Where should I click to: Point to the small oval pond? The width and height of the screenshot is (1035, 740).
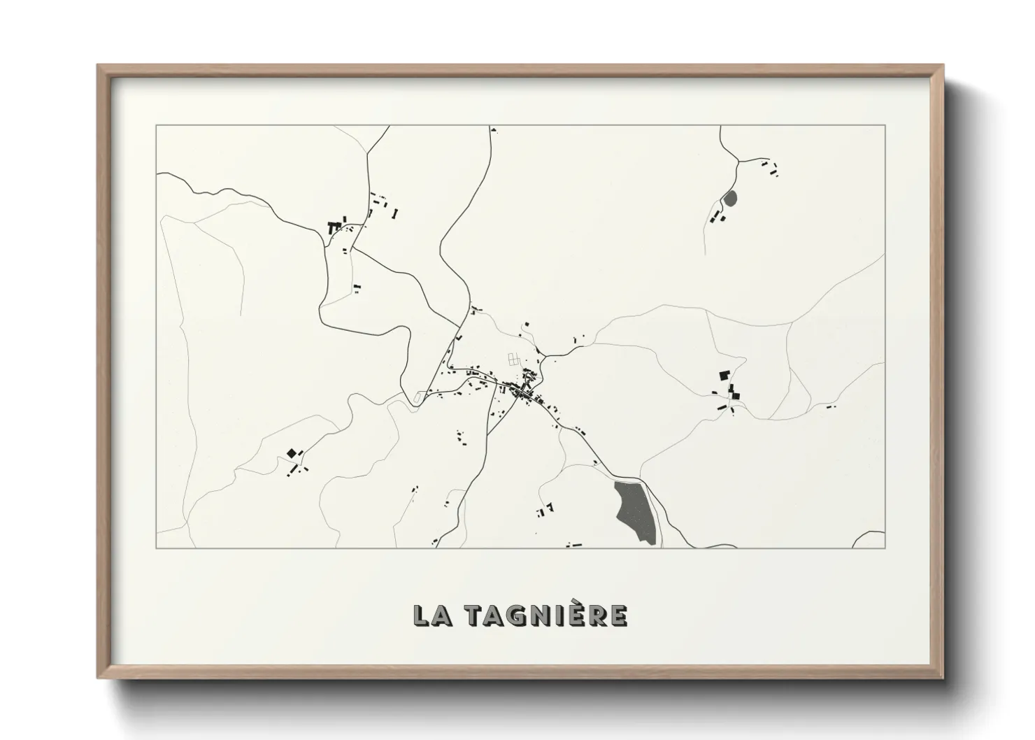[x=731, y=199]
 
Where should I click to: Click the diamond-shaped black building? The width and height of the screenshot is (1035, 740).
[x=291, y=454]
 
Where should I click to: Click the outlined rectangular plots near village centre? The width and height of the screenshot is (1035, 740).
[x=515, y=360]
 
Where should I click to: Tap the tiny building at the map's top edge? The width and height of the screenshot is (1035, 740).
[x=493, y=130]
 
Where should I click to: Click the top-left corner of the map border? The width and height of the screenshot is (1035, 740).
[x=157, y=125]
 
